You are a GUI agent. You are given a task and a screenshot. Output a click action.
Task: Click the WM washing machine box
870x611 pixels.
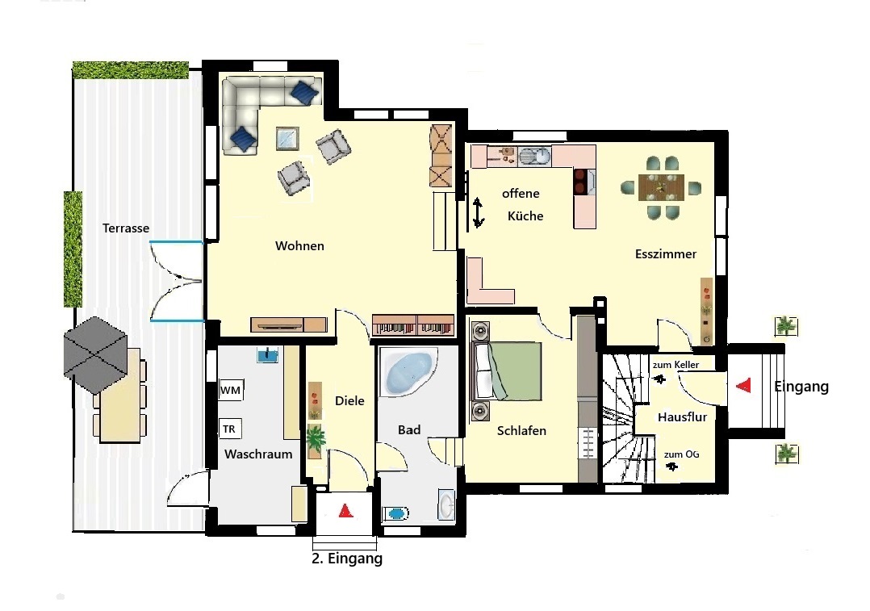coord(231,390)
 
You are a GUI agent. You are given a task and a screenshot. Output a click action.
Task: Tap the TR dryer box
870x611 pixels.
coord(230,429)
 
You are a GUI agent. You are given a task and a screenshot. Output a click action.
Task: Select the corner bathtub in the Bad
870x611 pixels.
coord(408,372)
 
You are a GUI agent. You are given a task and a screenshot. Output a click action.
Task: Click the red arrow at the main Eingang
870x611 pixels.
coord(743,385)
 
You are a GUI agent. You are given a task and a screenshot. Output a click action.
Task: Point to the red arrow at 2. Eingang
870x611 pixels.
coord(345,511)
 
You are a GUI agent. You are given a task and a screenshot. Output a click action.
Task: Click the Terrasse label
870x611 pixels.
coord(126,228)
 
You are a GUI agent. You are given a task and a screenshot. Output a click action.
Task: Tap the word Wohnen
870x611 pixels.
coord(299,246)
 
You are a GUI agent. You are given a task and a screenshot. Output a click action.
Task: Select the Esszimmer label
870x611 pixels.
coord(666,254)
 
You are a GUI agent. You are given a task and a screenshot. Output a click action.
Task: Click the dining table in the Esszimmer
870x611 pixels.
coord(661,187)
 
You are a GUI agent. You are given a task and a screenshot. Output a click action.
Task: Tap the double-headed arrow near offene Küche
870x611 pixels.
coord(478,212)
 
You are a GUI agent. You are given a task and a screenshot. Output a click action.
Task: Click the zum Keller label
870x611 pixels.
coord(676,365)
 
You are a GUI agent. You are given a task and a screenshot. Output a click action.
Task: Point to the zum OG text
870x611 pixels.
coord(681,454)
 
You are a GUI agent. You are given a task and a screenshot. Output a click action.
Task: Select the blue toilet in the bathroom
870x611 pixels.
coord(396,513)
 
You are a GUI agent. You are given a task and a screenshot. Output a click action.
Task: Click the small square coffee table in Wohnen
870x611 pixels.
coord(287,139)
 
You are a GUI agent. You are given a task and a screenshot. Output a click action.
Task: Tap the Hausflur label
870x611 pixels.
coord(683,417)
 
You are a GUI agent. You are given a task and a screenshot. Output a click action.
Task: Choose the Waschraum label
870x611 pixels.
coord(258,454)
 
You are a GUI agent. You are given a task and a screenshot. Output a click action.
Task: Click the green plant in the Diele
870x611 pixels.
coord(315,438)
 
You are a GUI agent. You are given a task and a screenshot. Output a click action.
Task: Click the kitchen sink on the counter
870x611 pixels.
coord(535,157)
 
